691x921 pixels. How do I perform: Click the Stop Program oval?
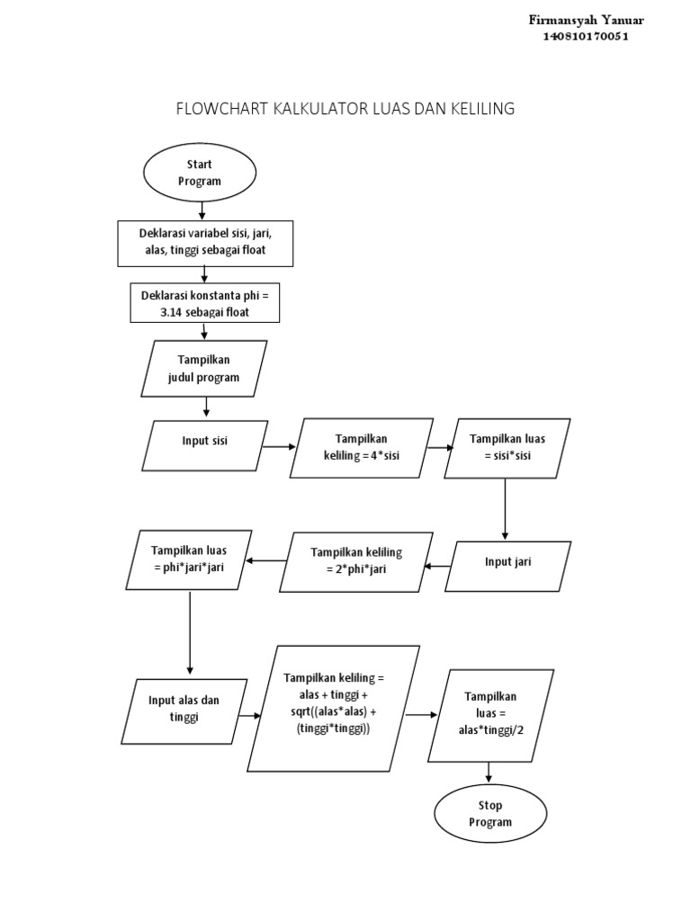(x=490, y=813)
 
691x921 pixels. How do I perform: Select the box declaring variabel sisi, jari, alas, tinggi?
(x=205, y=242)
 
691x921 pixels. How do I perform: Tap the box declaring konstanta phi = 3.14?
(x=205, y=303)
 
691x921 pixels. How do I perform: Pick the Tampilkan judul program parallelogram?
(x=204, y=368)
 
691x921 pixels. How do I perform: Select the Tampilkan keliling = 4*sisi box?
(x=361, y=447)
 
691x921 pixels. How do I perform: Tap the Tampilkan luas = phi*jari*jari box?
(x=189, y=559)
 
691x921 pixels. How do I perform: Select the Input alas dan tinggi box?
(x=185, y=711)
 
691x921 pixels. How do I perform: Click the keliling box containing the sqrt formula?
(x=334, y=708)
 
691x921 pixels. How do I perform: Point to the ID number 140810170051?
(x=584, y=37)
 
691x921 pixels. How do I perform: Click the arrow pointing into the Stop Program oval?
(x=489, y=772)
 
